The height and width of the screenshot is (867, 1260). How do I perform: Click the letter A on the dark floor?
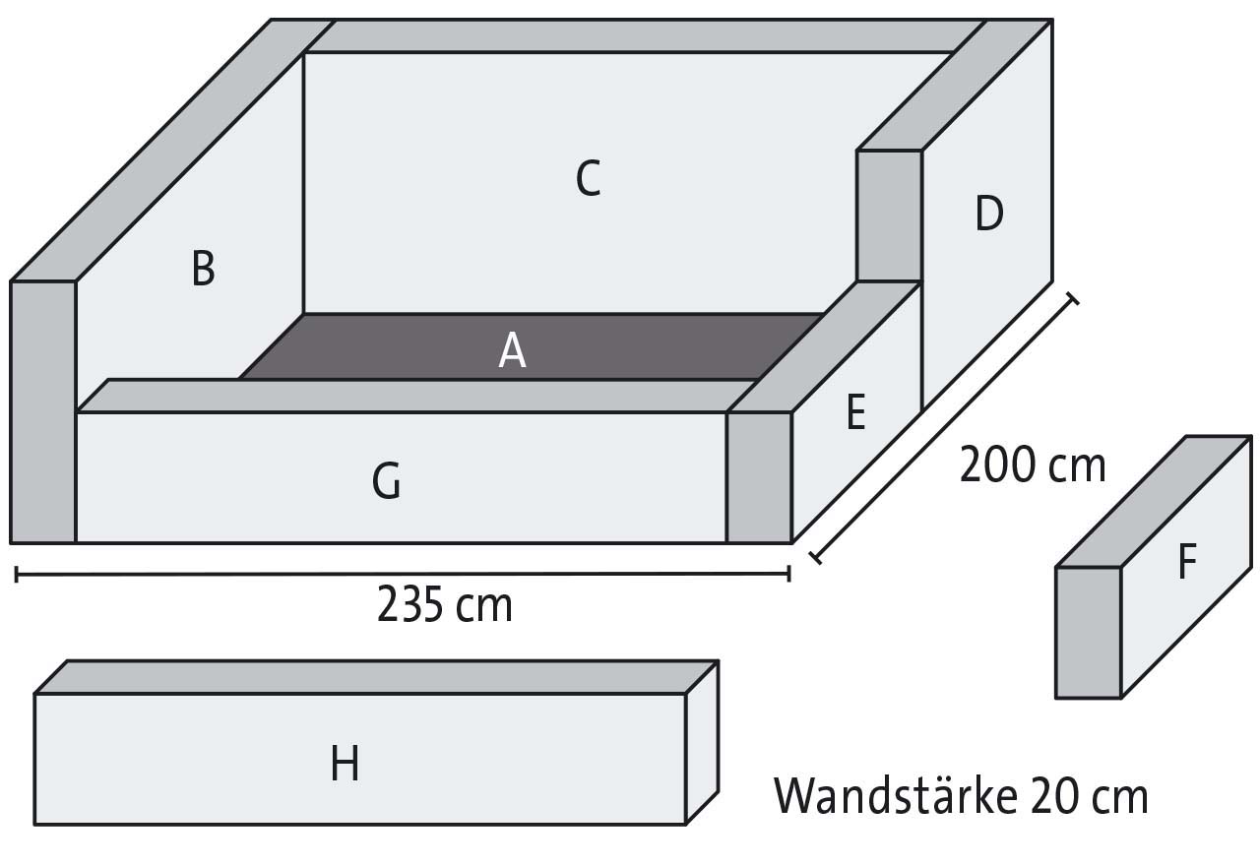(x=512, y=350)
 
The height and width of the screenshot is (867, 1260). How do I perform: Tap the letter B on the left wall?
(x=203, y=269)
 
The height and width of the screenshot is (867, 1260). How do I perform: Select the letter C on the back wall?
(x=589, y=178)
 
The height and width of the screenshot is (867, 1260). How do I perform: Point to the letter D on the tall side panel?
(x=989, y=214)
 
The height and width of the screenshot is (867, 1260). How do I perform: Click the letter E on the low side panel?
(x=855, y=412)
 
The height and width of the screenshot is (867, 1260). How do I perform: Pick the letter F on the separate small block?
(x=1187, y=561)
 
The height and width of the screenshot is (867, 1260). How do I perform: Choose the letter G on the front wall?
(x=387, y=480)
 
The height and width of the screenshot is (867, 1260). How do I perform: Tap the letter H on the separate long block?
(x=345, y=763)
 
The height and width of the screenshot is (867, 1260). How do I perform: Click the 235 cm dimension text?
(x=444, y=605)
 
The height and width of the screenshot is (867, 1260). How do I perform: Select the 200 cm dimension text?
(x=1033, y=464)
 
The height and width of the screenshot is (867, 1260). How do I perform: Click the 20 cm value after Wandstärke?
(x=1089, y=796)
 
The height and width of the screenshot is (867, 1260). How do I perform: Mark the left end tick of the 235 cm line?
(x=17, y=575)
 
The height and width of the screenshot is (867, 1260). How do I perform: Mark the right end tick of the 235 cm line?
(x=789, y=574)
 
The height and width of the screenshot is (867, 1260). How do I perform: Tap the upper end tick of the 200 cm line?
(x=1072, y=299)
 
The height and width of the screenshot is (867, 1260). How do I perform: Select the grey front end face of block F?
(x=1089, y=633)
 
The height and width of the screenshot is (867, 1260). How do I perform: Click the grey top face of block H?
(x=376, y=677)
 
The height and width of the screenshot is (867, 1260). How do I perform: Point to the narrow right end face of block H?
(x=702, y=743)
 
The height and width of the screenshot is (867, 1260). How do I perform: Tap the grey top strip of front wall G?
(x=416, y=396)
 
